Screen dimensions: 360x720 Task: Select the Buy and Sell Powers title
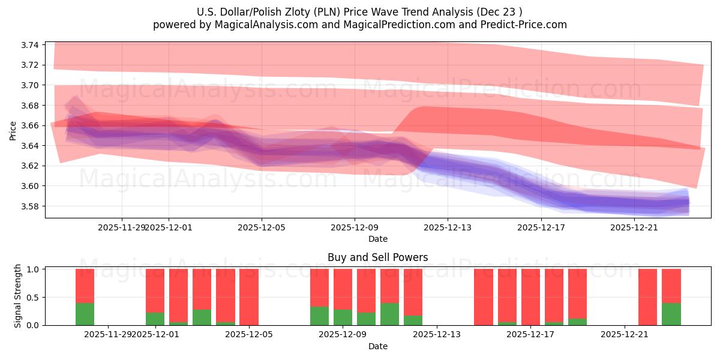point(377,257)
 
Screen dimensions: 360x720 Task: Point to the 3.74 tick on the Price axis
point(31,45)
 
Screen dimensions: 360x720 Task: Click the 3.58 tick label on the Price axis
point(31,206)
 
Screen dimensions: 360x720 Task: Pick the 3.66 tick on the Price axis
point(31,125)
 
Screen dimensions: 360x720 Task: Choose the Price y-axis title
point(13,130)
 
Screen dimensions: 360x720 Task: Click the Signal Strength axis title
point(18,296)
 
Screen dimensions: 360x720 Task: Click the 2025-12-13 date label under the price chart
point(448,227)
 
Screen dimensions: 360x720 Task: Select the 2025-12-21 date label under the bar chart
point(625,334)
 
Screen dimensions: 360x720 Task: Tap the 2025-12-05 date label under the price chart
point(262,227)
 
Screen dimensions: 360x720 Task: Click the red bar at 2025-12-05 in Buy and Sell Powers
point(249,296)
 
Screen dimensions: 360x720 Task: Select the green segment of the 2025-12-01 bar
point(155,319)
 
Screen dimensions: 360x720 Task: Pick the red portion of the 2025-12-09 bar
point(343,289)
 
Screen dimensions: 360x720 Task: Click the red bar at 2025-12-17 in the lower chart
point(530,296)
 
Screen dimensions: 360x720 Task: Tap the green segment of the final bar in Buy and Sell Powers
point(671,314)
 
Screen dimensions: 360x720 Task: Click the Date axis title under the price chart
point(377,239)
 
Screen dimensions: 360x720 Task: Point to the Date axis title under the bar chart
point(377,346)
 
